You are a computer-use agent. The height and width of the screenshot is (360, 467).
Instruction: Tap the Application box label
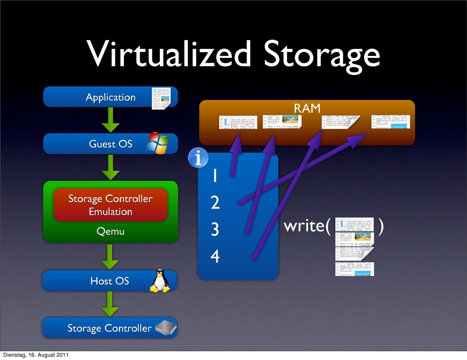110,97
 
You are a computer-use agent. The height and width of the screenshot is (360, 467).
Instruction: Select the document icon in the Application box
161,98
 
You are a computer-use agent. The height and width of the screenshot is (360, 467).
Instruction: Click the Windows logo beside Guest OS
158,143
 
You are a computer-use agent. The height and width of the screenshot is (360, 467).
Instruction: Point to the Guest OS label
110,144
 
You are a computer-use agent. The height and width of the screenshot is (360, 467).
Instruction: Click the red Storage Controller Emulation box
110,205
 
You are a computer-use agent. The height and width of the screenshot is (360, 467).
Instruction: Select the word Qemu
110,231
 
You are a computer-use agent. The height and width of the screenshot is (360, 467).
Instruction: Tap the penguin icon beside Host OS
160,281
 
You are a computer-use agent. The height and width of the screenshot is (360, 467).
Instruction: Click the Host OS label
110,281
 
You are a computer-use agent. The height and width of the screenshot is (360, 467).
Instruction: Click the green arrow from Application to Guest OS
110,120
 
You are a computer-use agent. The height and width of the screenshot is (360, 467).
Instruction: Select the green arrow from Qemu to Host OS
110,257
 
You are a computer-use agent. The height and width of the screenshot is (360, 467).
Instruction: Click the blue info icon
198,158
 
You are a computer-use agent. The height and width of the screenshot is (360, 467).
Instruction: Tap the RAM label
307,108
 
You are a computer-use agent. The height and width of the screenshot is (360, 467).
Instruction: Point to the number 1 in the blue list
215,175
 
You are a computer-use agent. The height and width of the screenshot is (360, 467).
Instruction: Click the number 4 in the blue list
215,256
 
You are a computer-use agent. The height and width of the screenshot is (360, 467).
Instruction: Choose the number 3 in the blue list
215,229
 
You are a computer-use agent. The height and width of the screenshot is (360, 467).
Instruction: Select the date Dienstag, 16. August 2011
36,355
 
